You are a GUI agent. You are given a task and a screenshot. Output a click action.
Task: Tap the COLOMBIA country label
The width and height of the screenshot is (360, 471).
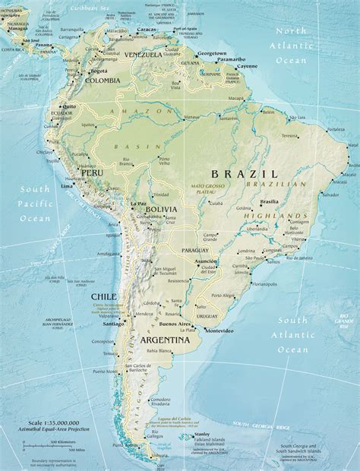point(101,81)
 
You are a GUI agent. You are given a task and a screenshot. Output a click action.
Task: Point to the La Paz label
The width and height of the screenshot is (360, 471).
point(138,204)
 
